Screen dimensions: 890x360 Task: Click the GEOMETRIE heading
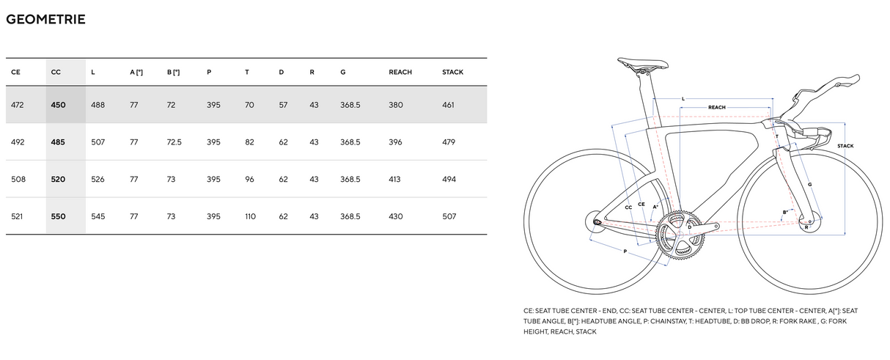pyautogui.click(x=45, y=20)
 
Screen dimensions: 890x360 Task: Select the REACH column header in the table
pyautogui.click(x=400, y=72)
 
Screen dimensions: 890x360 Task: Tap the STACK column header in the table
pyautogui.click(x=452, y=72)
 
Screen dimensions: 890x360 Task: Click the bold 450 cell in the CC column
pyautogui.click(x=58, y=105)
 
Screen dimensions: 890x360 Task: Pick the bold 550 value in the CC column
pyautogui.click(x=58, y=216)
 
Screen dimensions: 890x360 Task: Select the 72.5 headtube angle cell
pyautogui.click(x=174, y=142)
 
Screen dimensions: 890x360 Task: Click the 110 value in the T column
pyautogui.click(x=250, y=216)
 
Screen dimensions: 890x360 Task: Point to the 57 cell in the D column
pyautogui.click(x=283, y=105)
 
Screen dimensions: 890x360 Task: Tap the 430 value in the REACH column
pyautogui.click(x=396, y=216)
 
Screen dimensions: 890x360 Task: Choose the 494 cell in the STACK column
pyautogui.click(x=449, y=179)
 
